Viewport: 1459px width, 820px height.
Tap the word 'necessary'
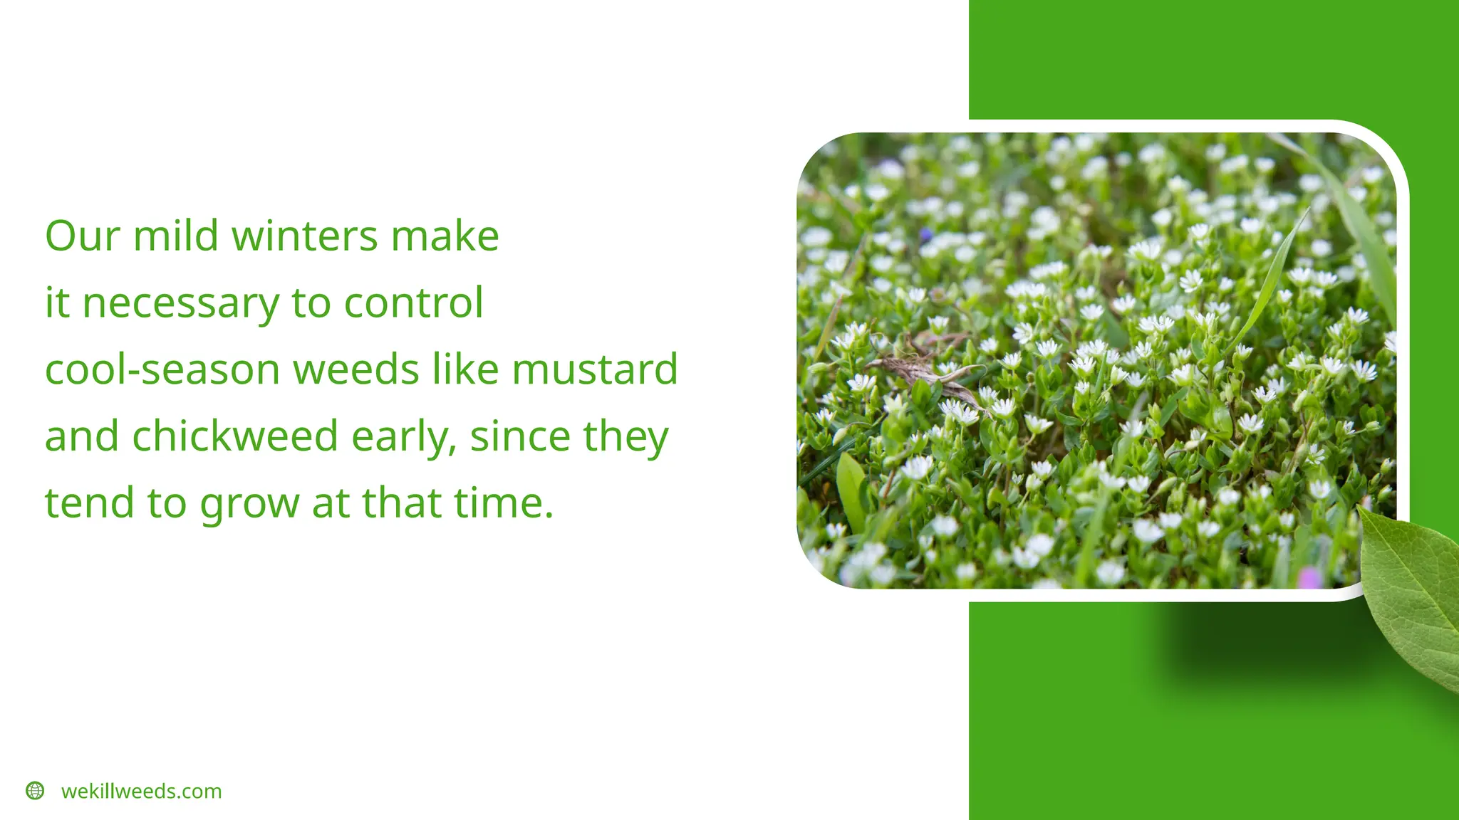point(181,303)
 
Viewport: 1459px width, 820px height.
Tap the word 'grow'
point(249,504)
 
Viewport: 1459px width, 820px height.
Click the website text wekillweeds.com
point(142,791)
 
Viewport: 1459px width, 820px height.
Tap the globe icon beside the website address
point(35,791)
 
